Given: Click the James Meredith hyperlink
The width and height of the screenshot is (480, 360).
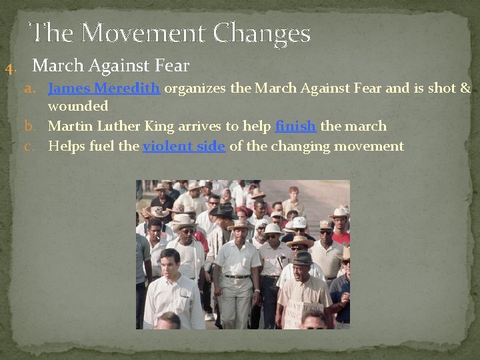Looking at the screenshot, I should (x=104, y=89).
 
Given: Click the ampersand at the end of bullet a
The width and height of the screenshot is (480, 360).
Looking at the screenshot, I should (x=465, y=89).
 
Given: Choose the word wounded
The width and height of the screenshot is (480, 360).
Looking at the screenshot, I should (x=78, y=106).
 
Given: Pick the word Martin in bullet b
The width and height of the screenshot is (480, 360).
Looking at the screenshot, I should (x=70, y=126).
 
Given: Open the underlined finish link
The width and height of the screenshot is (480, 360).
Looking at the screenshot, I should (x=296, y=126).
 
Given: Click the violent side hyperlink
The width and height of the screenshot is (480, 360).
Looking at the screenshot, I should (x=184, y=146).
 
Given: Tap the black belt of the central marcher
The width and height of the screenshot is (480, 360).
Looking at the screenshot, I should (x=237, y=276).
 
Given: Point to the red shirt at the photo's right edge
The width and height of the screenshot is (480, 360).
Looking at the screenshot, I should (x=341, y=238).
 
